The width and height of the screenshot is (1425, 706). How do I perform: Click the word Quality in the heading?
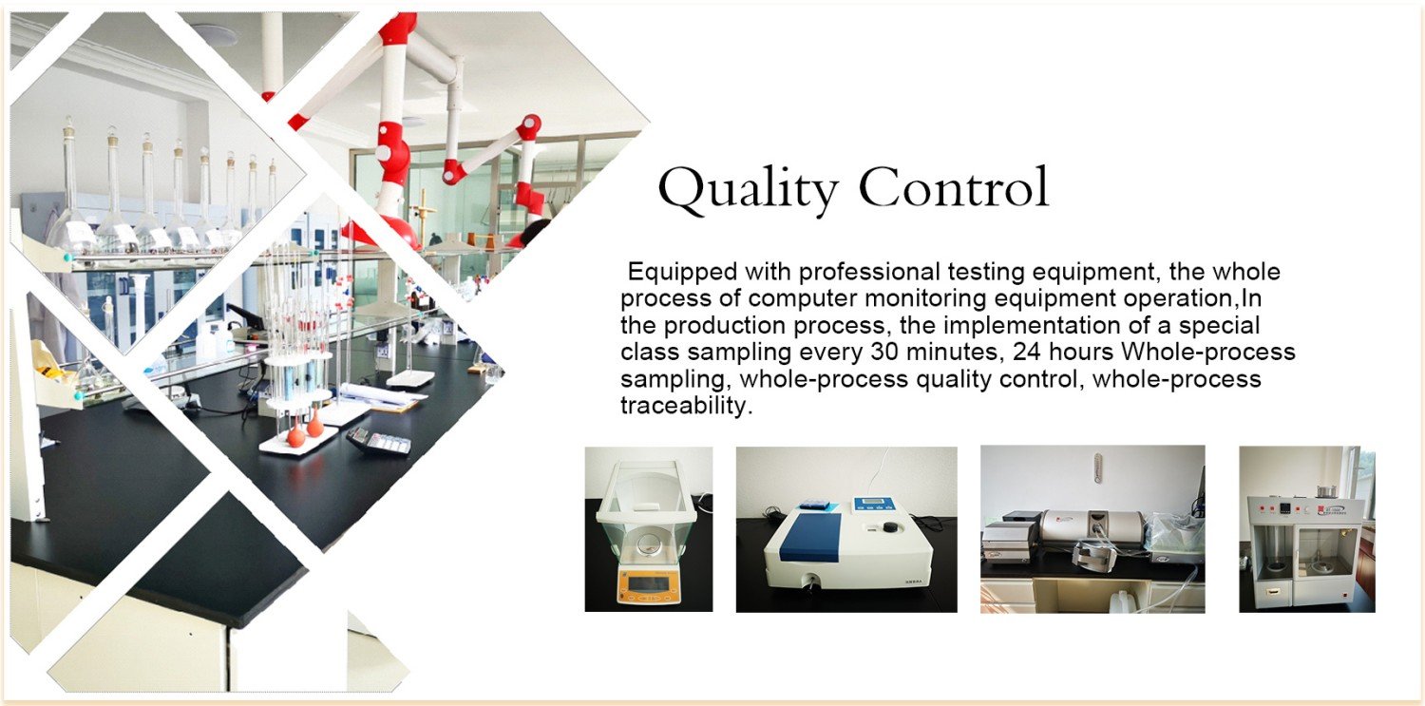pyautogui.click(x=748, y=189)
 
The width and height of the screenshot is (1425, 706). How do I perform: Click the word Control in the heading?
pyautogui.click(x=954, y=186)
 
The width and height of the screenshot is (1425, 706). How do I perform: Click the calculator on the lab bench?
pyautogui.click(x=379, y=440)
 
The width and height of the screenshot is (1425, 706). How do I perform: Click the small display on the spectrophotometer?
pyautogui.click(x=874, y=505)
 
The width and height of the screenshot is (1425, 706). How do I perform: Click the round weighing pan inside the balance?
pyautogui.click(x=648, y=544)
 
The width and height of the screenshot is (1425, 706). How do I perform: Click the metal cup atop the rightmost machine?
pyautogui.click(x=1327, y=491)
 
